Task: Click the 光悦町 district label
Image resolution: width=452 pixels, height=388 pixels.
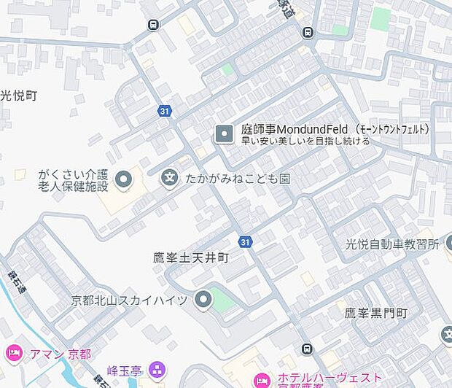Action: [x=18, y=96]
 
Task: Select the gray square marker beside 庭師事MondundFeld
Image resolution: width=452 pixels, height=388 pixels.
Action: [x=224, y=133]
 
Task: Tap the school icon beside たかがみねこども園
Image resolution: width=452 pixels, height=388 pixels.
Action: [x=170, y=177]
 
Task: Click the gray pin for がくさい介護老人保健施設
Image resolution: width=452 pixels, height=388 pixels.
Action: [x=124, y=178]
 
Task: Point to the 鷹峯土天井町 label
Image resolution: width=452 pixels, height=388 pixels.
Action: [x=191, y=257]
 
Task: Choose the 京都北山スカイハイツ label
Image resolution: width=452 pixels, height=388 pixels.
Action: [x=129, y=300]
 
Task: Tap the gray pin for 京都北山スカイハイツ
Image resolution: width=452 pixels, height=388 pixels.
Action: [x=203, y=299]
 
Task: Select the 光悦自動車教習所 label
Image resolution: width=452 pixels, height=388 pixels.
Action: [x=392, y=244]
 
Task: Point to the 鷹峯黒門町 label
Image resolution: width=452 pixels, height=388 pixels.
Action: [x=375, y=314]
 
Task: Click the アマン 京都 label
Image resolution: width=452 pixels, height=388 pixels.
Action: [x=61, y=354]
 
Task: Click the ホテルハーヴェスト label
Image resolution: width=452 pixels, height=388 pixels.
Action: [x=328, y=378]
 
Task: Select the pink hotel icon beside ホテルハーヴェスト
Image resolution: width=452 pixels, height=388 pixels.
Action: [x=261, y=379]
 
